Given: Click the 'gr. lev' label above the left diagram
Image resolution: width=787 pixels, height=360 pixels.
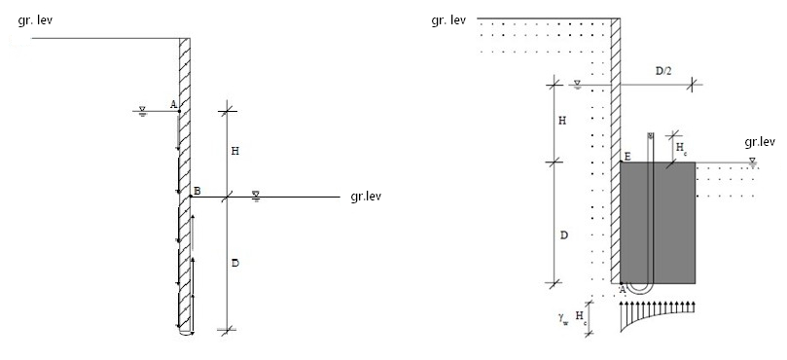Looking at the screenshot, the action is coord(35,21).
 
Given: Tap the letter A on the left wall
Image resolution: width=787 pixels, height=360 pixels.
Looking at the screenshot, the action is coord(173,104).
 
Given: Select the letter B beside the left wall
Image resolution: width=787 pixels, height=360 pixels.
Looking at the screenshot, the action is coord(197,191).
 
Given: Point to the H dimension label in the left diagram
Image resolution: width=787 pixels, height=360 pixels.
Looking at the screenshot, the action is coord(234,151).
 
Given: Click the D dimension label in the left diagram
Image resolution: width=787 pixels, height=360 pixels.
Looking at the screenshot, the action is coord(234,263).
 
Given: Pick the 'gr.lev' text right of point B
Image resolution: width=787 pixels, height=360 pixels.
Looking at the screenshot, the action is coord(366,197).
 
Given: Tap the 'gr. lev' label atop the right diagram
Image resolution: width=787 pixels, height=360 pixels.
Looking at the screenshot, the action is coord(448,20).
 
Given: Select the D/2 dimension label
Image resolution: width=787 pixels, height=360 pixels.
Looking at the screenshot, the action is coord(663,71).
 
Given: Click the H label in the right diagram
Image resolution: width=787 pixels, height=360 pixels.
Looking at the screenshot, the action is coord(562,121).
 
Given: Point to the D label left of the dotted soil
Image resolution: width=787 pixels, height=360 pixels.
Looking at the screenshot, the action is coord(563,235).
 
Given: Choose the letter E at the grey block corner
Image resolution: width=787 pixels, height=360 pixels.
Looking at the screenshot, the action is coord(627,158).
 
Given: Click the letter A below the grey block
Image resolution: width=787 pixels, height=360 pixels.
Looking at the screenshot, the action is coord(623,290).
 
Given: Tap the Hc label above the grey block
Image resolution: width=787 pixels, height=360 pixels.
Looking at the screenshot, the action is coord(681,148).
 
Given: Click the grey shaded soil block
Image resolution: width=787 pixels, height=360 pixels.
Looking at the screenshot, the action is coord(658,223).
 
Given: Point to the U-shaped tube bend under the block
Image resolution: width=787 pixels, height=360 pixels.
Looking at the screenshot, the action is coord(639,291).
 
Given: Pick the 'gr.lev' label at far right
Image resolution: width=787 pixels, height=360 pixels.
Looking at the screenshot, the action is coord(760,142).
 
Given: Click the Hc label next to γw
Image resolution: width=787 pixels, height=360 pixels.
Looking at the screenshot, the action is coord(580,316).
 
